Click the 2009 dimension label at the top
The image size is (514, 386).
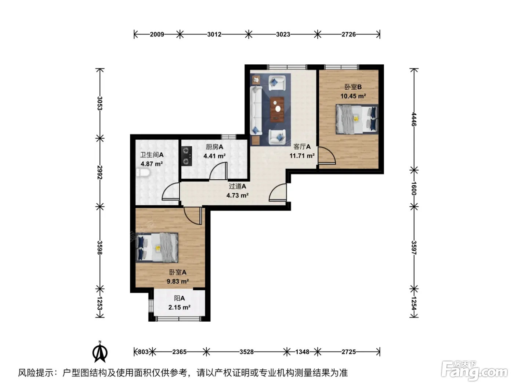click(157, 35)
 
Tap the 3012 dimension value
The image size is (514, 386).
click(214, 35)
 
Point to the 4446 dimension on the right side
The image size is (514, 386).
click(414, 119)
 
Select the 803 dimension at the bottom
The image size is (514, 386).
click(143, 352)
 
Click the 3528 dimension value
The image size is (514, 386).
click(247, 352)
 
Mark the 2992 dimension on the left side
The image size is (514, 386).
click(100, 172)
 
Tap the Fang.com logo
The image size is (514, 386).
click(474, 371)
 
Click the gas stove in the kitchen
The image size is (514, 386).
click(187, 156)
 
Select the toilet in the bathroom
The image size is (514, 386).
click(143, 173)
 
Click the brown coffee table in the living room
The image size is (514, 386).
click(277, 110)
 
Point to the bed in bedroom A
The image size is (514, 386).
click(157, 247)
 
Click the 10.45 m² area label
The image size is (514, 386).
click(353, 96)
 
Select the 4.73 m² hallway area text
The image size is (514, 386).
click(238, 195)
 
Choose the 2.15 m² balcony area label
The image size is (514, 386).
click(180, 307)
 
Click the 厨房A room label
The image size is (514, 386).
click(214, 147)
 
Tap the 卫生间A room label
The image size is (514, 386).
click(152, 155)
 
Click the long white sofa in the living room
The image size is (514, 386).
click(256, 110)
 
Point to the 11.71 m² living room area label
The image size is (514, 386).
click(302, 156)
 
